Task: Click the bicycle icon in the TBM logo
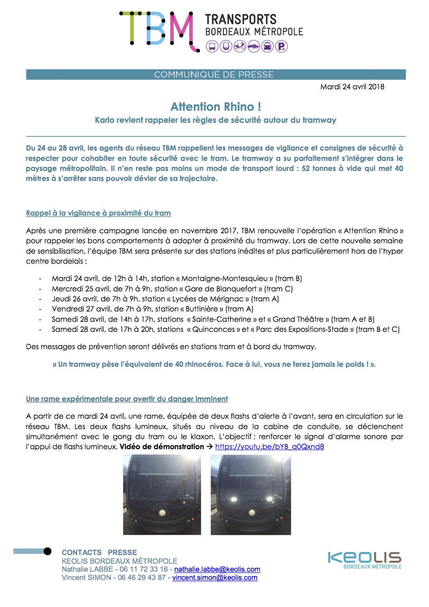pos(240,46)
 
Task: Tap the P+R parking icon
pos(282,46)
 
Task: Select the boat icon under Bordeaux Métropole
pos(254,46)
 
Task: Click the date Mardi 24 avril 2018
pos(352,87)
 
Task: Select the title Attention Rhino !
pos(216,107)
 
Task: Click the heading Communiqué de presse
pos(214,74)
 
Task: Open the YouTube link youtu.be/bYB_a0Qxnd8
pos(270,447)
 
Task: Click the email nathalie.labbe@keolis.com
pos(217,569)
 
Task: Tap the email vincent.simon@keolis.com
pos(215,578)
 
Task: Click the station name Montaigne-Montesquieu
pos(225,279)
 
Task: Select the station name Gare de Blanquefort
pos(221,289)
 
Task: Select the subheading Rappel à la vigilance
pos(98,213)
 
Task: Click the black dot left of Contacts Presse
pos(47,551)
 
